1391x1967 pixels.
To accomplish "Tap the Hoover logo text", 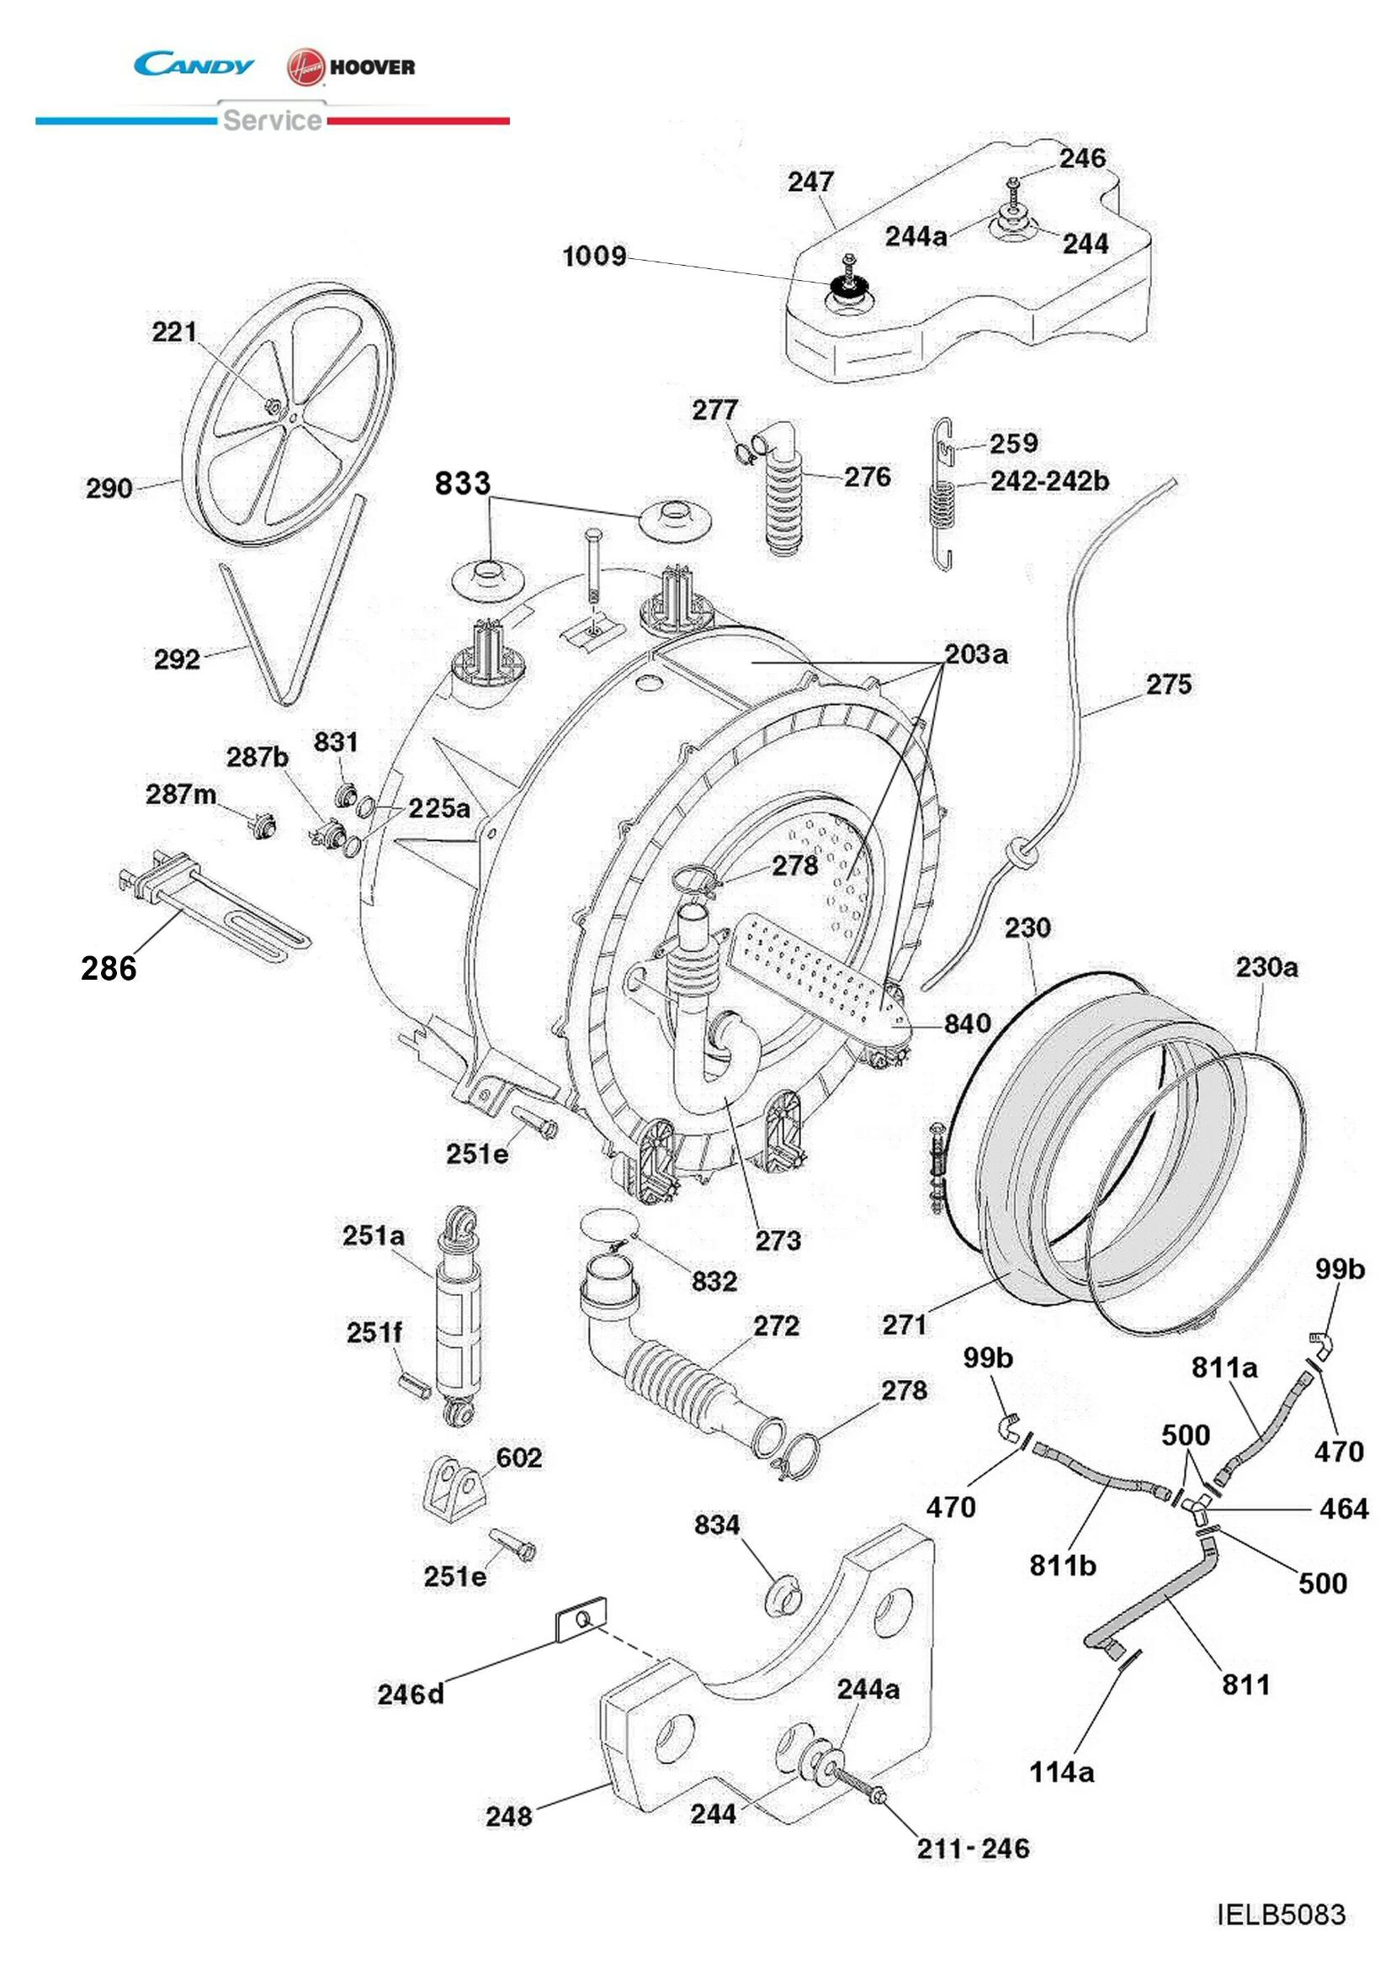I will click(x=371, y=67).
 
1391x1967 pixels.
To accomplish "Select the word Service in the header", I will click(x=272, y=120).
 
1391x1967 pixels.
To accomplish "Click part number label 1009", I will click(x=594, y=257).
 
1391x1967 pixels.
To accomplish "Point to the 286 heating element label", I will click(x=109, y=969).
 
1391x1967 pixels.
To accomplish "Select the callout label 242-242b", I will click(x=1049, y=482).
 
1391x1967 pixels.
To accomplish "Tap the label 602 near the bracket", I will click(x=518, y=1458).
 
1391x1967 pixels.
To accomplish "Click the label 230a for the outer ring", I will click(x=1266, y=968).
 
